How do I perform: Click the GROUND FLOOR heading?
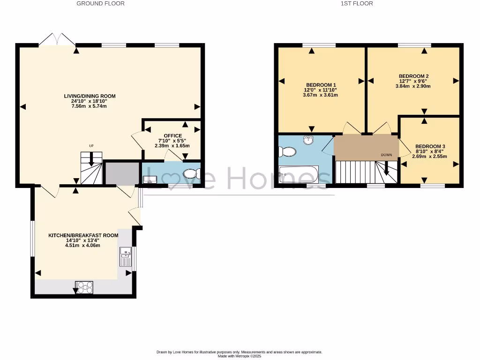[x=101, y=3]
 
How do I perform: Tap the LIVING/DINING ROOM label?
[x=90, y=96]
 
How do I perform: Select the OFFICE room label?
[x=172, y=136]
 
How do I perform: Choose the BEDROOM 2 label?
[x=413, y=76]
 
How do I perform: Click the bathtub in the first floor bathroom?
[x=299, y=174]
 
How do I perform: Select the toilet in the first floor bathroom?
[x=286, y=151]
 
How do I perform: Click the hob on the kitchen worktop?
[x=84, y=286]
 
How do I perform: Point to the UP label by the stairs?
[x=92, y=146]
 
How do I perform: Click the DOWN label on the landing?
[x=386, y=154]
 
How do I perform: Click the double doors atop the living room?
[x=56, y=39]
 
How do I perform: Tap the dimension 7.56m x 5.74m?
[x=90, y=106]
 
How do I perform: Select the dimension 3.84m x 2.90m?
[x=413, y=86]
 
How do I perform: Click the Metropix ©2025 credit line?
[x=239, y=356]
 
